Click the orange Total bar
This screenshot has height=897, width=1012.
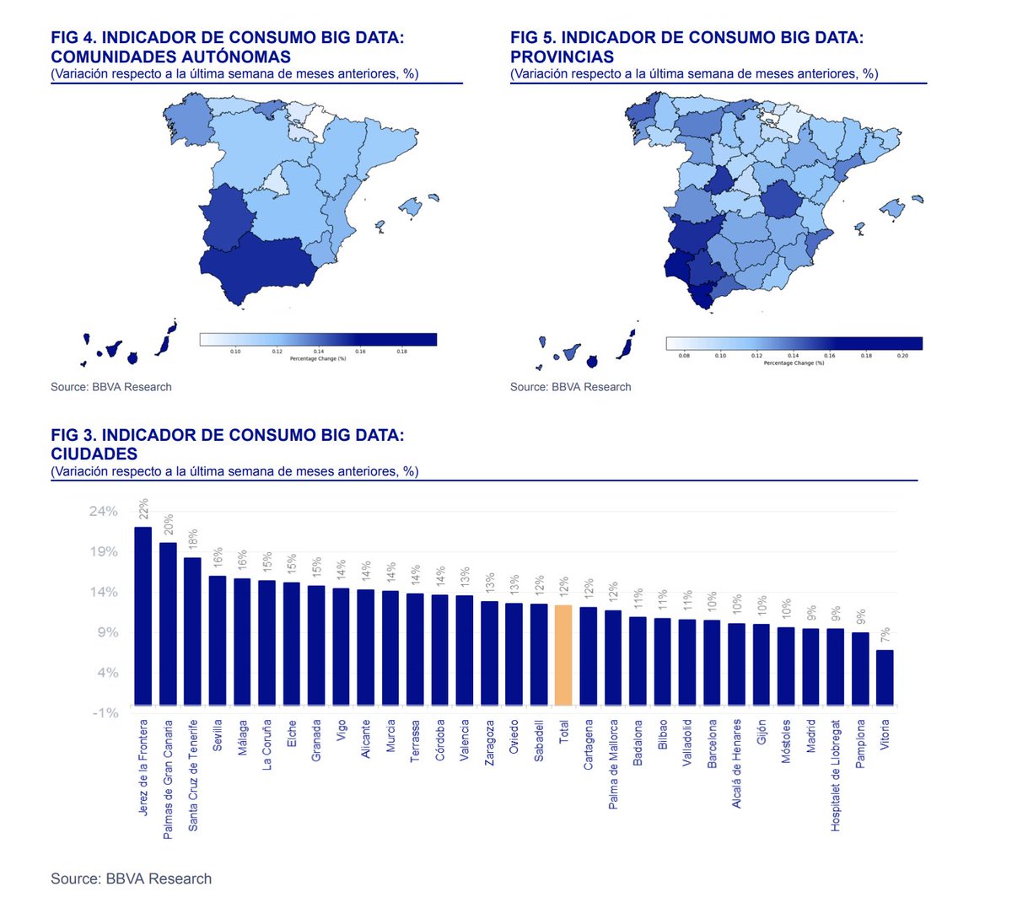click(563, 655)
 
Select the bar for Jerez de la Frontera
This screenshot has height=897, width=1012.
click(143, 615)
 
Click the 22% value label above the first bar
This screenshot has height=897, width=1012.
click(143, 508)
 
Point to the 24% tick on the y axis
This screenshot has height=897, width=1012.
click(104, 512)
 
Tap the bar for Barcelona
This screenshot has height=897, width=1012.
click(712, 663)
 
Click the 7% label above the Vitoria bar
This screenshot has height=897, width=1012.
click(885, 636)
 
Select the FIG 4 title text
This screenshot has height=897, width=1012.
click(228, 47)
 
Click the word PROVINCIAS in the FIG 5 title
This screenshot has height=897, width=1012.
click(562, 56)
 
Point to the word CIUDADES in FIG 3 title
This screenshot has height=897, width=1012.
click(94, 454)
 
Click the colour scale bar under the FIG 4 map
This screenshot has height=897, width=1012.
click(318, 339)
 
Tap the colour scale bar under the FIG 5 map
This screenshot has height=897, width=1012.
click(794, 343)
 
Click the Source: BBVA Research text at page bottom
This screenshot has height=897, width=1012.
click(131, 878)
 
